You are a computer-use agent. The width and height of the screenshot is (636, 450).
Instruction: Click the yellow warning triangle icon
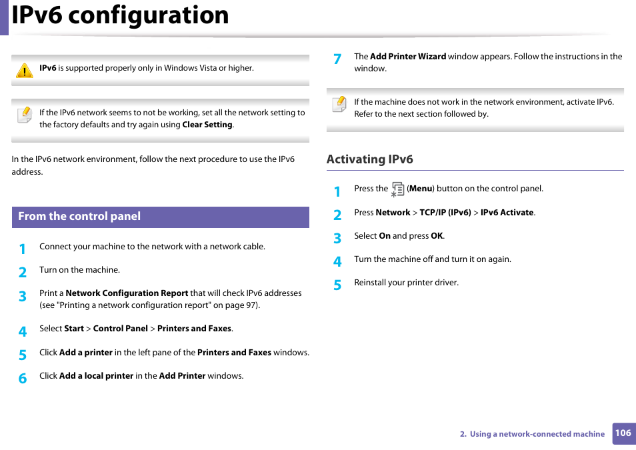[25, 71]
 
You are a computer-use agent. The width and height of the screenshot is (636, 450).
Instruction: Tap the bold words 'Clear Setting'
[207, 125]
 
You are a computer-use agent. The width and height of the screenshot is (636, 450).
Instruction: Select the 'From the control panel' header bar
[160, 217]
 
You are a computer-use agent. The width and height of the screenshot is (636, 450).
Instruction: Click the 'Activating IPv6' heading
[369, 159]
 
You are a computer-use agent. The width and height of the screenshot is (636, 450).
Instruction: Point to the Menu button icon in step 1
[397, 189]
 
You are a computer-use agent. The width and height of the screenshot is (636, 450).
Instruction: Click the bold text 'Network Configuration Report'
[127, 293]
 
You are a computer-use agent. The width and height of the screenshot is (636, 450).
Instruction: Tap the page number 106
[623, 433]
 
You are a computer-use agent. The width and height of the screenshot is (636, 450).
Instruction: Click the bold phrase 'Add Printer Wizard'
[408, 57]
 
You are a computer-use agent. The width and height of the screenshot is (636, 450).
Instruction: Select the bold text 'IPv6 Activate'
[507, 213]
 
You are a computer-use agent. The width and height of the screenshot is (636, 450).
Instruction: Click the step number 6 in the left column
[23, 378]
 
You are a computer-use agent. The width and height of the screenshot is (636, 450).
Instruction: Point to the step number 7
[337, 59]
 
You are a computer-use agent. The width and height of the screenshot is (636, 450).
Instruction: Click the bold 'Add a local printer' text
[96, 376]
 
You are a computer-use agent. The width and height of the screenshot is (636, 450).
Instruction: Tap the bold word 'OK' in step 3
[437, 236]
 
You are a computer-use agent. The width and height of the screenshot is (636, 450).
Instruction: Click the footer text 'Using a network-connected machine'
[537, 434]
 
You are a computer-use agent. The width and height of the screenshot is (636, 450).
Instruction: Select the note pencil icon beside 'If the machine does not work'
[339, 104]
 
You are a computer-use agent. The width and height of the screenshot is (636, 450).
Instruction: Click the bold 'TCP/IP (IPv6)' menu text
[445, 213]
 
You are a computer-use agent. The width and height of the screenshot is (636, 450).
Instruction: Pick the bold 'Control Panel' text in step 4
[121, 329]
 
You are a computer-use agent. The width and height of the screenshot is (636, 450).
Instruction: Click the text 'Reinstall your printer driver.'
[406, 283]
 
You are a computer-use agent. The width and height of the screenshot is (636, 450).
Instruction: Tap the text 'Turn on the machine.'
[79, 270]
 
